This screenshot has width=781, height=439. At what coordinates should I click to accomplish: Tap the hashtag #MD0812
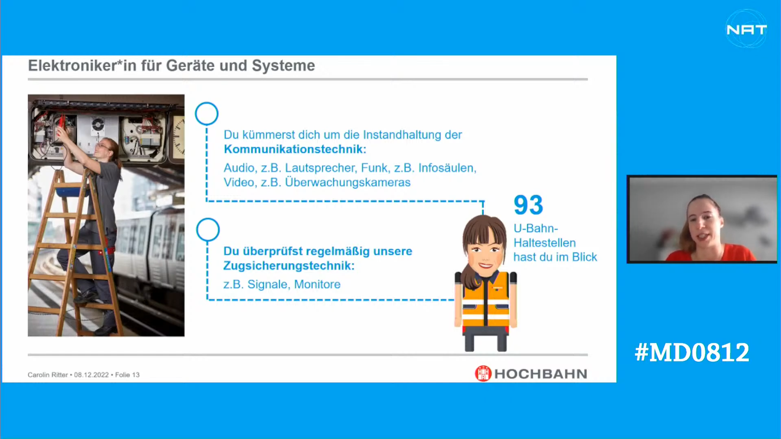pos(692,352)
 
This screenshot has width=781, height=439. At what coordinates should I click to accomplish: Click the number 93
pos(528,205)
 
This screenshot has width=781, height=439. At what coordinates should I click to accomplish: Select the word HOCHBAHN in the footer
pos(541,374)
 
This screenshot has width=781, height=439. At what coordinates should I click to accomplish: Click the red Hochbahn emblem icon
pos(483,373)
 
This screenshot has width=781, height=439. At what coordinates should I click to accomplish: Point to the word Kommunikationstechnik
pos(295,149)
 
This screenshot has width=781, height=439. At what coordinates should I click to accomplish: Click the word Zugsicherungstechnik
pos(289,266)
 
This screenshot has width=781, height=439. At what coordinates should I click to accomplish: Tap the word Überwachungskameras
pos(348,182)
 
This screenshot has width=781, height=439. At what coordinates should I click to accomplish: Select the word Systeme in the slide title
pos(283,65)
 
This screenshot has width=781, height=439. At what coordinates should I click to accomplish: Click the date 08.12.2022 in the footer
pos(91,375)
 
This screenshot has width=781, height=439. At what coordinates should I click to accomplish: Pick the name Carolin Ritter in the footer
pos(48,375)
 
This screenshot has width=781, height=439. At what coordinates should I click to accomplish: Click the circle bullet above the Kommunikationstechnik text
pos(207,114)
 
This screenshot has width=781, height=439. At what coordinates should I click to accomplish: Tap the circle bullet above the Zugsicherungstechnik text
pos(208,230)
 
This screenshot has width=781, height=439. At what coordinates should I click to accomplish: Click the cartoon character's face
pos(484,251)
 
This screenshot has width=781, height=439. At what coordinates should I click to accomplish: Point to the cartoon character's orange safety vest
pos(486,299)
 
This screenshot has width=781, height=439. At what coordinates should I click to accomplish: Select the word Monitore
pos(317,284)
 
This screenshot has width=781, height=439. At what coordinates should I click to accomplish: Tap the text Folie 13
pos(127,375)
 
